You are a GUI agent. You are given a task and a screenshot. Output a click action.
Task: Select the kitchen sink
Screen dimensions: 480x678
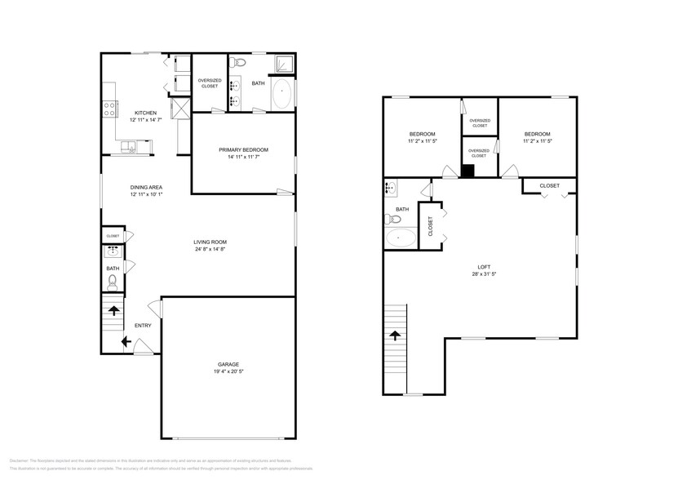[x=131, y=146]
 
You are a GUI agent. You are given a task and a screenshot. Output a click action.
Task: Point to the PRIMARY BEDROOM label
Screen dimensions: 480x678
[x=243, y=149]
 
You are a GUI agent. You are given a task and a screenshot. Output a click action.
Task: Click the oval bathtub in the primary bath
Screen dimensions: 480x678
[x=282, y=95]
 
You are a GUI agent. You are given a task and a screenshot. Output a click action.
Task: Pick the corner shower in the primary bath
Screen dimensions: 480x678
[x=283, y=64]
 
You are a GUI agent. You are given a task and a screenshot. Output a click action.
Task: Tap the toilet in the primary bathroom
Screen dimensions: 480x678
[x=240, y=64]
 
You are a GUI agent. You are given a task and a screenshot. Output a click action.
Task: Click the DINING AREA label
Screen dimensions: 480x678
[x=146, y=188]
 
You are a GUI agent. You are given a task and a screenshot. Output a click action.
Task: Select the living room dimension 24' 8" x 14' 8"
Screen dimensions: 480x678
[x=210, y=250]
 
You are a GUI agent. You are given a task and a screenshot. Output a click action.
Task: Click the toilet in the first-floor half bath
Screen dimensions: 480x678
[x=113, y=282]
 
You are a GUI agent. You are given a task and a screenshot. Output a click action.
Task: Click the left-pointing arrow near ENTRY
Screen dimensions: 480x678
[x=125, y=343]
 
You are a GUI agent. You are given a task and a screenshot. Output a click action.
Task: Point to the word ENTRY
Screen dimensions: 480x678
[x=143, y=325]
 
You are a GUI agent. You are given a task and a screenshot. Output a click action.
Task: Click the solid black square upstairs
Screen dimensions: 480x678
[x=468, y=171]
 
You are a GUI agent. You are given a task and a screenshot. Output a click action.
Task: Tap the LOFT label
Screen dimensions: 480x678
[x=485, y=267]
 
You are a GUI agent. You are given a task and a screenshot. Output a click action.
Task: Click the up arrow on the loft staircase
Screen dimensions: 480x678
[x=396, y=335]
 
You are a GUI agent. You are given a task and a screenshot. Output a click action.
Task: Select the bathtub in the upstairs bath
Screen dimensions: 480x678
[x=400, y=238]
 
